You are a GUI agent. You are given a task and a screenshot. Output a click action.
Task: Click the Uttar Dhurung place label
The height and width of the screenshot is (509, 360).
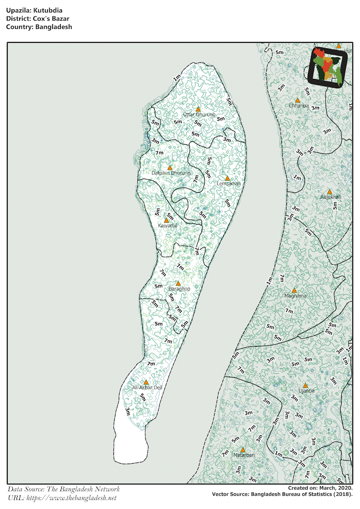(x=199, y=115)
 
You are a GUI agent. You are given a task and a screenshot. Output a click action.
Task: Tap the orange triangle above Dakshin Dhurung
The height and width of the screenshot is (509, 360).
(x=170, y=168)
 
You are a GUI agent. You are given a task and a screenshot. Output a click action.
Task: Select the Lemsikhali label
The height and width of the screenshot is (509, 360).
(x=228, y=184)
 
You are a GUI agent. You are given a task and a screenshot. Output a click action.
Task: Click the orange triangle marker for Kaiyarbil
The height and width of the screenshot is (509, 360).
(x=166, y=220)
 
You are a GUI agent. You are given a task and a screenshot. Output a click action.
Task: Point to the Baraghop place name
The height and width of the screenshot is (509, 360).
(x=179, y=288)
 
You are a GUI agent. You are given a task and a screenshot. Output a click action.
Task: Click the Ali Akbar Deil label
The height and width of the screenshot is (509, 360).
(x=147, y=387)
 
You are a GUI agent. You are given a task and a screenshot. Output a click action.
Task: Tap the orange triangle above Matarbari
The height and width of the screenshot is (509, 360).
(x=243, y=450)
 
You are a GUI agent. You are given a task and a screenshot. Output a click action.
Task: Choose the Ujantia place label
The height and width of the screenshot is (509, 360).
(x=307, y=391)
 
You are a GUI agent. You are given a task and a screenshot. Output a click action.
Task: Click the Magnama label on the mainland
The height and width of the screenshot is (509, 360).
(x=295, y=296)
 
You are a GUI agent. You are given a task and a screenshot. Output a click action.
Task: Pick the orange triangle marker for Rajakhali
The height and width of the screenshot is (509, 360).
(x=329, y=192)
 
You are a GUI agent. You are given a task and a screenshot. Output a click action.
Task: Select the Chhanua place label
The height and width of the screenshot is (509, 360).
(x=298, y=105)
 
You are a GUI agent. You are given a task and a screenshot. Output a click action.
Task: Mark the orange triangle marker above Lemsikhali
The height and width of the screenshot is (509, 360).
(x=227, y=178)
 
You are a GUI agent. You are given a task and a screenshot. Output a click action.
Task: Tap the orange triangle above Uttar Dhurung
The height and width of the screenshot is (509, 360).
(x=198, y=109)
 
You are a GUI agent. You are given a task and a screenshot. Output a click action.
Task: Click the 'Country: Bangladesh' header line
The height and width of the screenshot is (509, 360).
(x=39, y=27)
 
